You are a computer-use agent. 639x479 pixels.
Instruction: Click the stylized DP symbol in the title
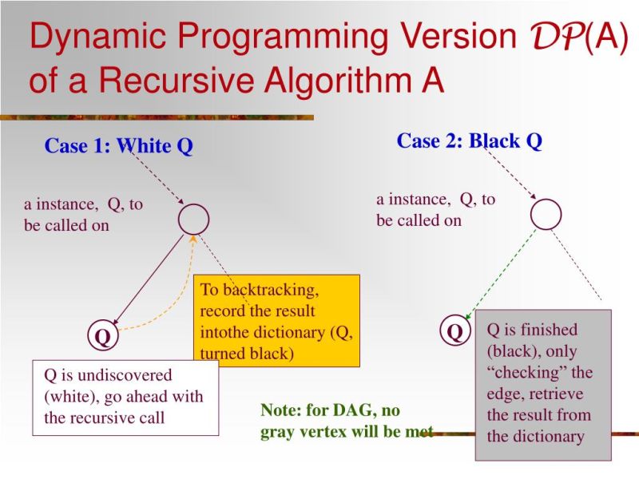point(550,38)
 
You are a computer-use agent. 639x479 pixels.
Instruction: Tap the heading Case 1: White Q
point(118,146)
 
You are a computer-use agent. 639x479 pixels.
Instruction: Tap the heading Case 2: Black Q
point(470,141)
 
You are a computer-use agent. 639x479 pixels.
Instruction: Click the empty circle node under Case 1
point(193,219)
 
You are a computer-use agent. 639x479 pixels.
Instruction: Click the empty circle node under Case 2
point(546,213)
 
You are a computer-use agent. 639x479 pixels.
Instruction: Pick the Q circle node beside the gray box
point(454,331)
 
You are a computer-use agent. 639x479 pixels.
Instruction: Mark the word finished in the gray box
point(543,329)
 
